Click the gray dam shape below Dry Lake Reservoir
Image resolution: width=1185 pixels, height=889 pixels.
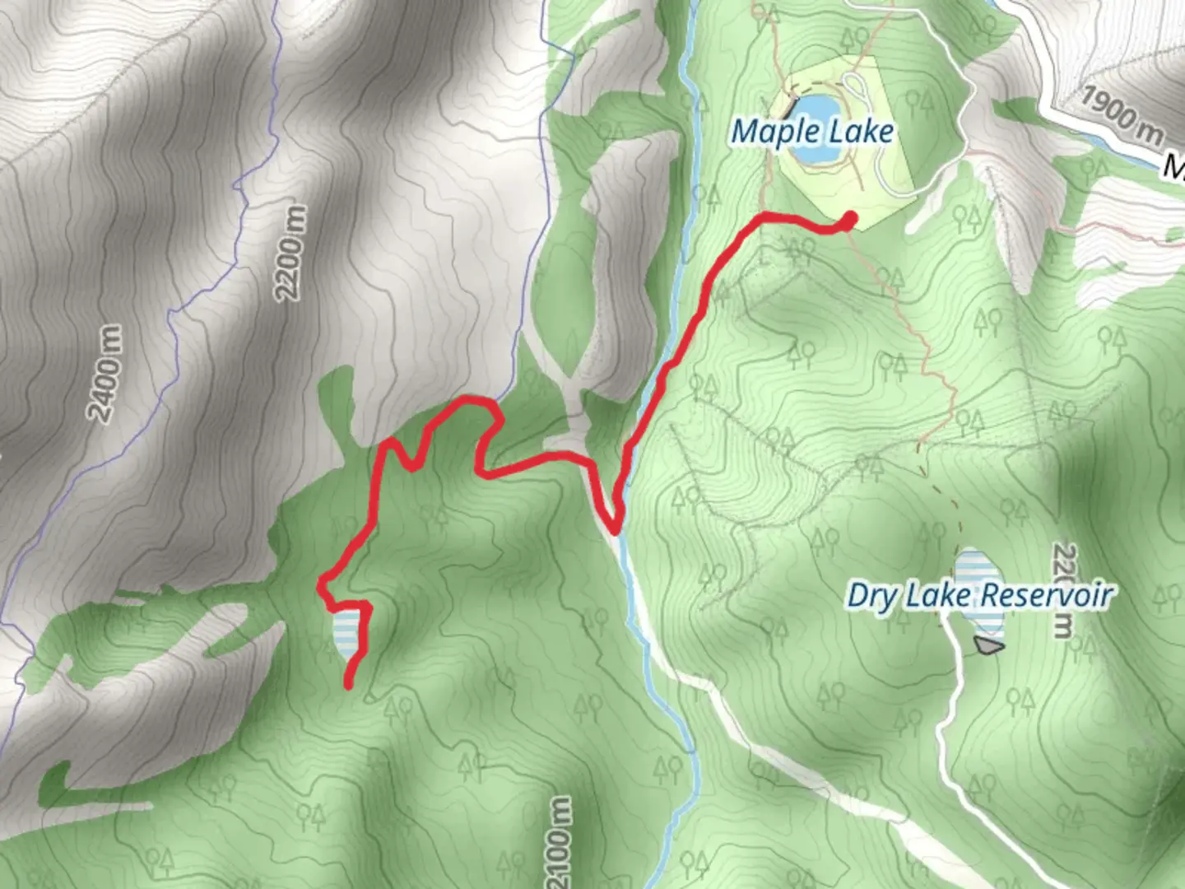coord(987,646)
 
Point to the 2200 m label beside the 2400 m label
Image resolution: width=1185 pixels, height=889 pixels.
coord(292,253)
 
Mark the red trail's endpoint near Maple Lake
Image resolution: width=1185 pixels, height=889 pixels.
coord(849,218)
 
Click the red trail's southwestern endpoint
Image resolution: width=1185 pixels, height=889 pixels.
coord(348,683)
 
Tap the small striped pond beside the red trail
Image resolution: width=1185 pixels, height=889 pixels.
coord(346,634)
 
